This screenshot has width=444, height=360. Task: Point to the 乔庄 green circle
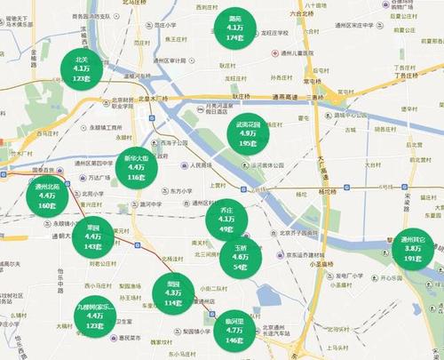226,219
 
